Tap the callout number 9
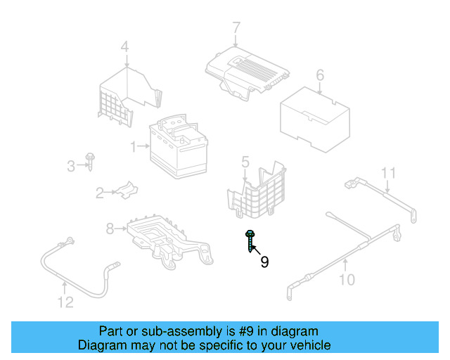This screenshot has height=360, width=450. pos(264,262)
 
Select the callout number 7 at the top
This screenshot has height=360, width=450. pos(236,28)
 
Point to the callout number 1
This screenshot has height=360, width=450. pos(132,146)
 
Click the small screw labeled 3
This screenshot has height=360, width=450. pos(91,161)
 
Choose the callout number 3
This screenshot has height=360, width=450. pos(70,166)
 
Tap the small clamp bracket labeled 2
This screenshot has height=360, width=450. pos(125,190)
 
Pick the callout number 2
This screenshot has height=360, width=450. pos(100,191)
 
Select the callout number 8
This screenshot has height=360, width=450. pos(110,229)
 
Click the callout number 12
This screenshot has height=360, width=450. pos(65,303)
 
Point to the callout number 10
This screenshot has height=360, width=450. pos(347,281)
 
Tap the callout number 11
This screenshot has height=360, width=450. pos(389,172)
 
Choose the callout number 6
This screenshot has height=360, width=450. pos(319,75)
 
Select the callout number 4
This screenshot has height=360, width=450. pos(124,48)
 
